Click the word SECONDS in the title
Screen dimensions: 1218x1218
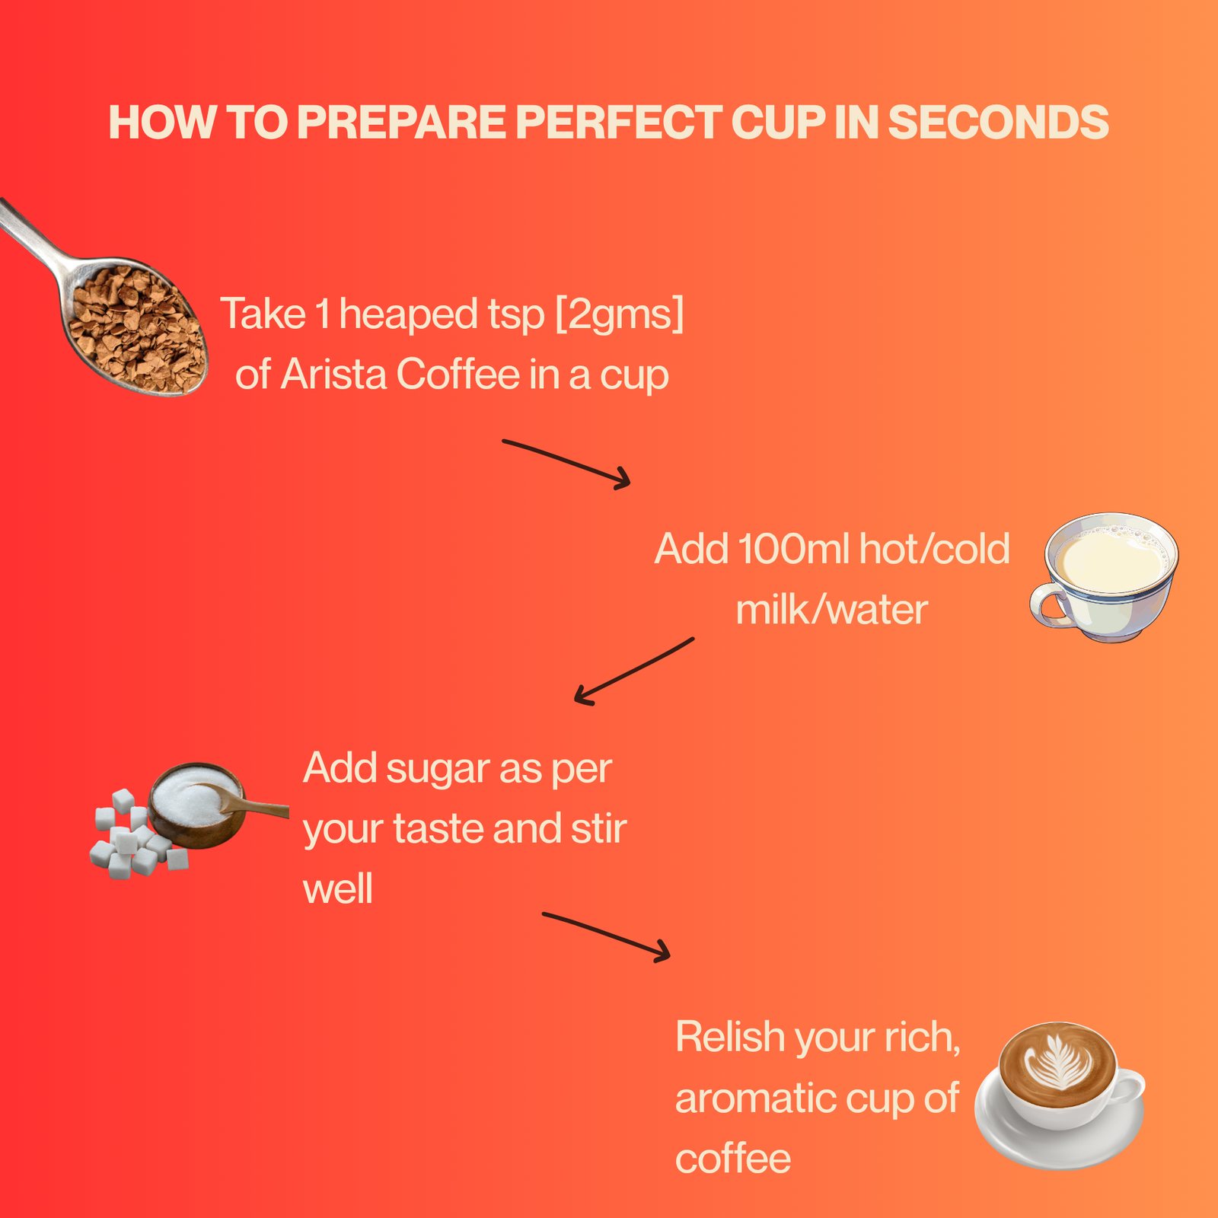998,122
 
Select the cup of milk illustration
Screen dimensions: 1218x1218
1105,577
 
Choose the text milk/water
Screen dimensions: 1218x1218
831,610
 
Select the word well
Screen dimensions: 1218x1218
338,889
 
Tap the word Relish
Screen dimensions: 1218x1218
730,1037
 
